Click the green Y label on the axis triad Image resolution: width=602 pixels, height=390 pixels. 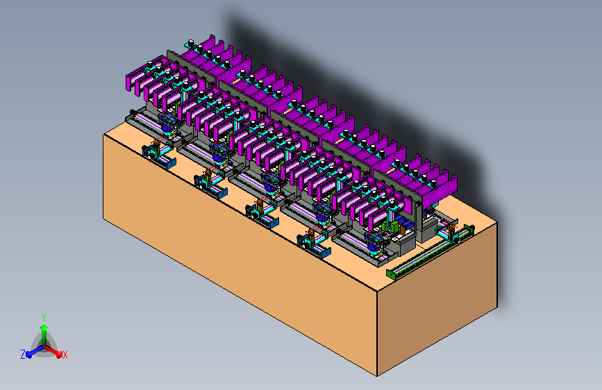click(x=44, y=318)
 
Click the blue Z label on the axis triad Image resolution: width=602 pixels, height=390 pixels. click(x=23, y=355)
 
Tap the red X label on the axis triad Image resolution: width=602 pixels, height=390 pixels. click(x=65, y=355)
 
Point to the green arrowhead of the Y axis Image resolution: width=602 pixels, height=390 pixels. click(x=44, y=328)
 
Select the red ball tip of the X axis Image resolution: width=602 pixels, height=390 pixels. click(x=59, y=355)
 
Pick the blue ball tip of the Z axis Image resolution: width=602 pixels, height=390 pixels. click(x=28, y=355)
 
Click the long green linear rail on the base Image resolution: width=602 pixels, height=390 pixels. click(x=430, y=252)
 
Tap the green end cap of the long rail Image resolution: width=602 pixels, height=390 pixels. click(x=390, y=274)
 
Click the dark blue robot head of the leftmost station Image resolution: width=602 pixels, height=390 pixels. click(x=168, y=121)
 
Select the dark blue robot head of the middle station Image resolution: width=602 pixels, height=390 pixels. click(x=270, y=180)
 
